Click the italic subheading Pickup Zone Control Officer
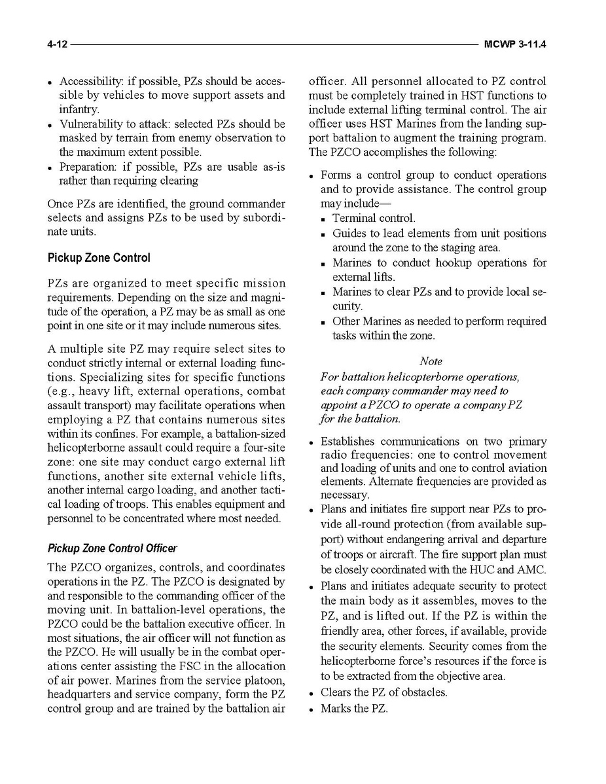tap(112, 548)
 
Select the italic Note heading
tap(431, 361)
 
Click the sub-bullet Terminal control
tap(374, 219)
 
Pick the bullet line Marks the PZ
tap(354, 709)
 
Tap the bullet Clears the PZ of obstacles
tap(383, 692)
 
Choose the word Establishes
tap(348, 442)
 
